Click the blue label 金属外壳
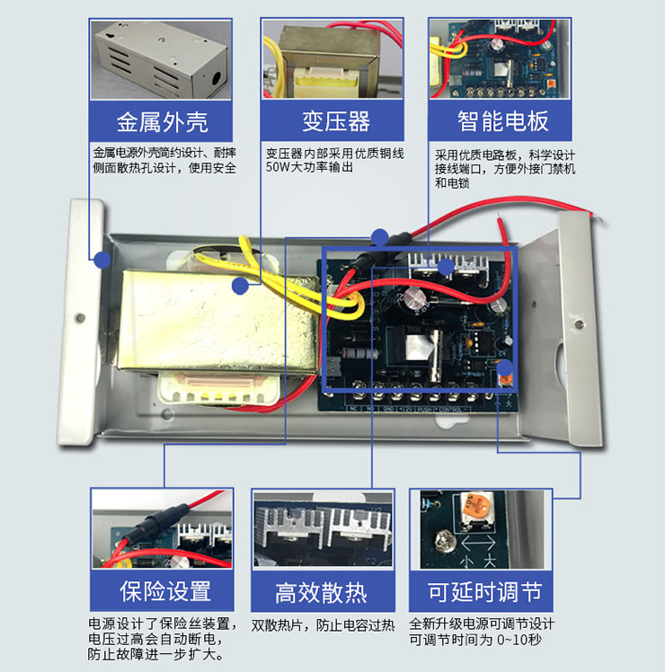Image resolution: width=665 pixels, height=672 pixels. click(162, 120)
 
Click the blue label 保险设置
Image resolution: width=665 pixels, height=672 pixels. click(164, 590)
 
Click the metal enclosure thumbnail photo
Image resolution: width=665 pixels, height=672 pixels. click(161, 59)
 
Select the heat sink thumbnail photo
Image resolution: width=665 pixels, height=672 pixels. click(322, 529)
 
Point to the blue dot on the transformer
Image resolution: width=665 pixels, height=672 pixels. click(240, 286)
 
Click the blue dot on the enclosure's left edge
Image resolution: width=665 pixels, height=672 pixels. click(102, 260)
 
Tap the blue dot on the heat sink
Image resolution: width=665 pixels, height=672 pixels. click(445, 266)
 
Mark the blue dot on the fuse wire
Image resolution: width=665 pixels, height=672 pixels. click(380, 237)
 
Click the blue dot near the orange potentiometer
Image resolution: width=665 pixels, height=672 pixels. click(504, 367)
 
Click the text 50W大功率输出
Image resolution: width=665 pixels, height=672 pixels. click(309, 166)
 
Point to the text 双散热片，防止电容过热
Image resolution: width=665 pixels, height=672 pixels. click(322, 624)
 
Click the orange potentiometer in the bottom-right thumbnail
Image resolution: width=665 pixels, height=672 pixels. click(468, 510)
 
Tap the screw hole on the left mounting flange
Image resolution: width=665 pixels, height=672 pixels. click(80, 318)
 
